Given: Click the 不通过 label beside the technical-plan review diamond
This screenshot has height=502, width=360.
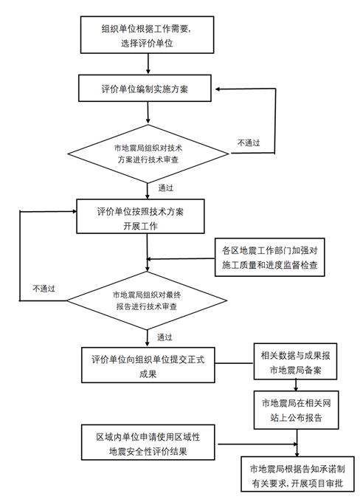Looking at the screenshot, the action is point(249,142).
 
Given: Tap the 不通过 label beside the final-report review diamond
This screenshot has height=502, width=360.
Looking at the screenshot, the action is point(44,289).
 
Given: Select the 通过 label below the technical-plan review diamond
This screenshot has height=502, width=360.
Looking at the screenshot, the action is point(166,188).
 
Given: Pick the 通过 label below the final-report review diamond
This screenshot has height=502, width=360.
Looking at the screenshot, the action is point(165,337).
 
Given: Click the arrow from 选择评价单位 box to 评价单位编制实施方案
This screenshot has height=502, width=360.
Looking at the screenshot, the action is point(148,63).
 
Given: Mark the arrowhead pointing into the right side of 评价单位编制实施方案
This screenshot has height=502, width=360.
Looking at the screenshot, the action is point(218,89).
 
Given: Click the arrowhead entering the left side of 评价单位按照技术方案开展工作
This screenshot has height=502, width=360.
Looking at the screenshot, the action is point(75,211).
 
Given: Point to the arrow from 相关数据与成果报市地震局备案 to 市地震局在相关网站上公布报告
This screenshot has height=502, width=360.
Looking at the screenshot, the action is point(296,385).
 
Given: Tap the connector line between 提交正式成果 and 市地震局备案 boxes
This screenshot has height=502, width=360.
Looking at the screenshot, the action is point(235,363).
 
